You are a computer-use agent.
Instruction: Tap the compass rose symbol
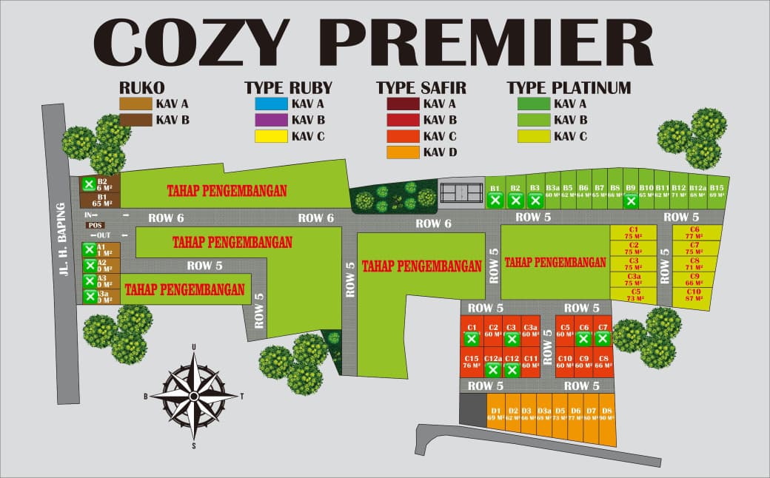pos(194,396)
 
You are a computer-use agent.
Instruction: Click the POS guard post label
pos(95,225)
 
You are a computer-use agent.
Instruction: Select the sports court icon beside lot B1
pos(461,194)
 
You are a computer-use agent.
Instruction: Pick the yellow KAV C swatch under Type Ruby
pos(270,136)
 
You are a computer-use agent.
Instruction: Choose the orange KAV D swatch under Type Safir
pos(402,152)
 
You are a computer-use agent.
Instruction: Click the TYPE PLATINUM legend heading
pos(569,88)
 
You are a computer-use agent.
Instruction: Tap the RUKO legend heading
pos(141,88)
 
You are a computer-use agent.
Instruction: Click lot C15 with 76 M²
pos(472,361)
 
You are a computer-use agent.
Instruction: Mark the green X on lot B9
pos(631,201)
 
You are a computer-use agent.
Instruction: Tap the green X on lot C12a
pos(493,369)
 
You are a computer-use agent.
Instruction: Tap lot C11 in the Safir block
pos(530,361)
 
